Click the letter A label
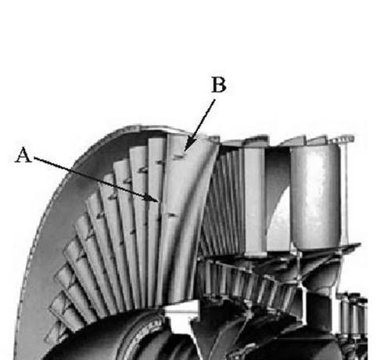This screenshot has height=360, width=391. coord(23,155)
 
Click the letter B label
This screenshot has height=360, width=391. coord(219,85)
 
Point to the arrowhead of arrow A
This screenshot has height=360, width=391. coord(154,200)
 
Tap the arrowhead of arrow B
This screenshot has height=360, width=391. coord(187,146)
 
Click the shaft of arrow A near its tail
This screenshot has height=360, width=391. coord(52,164)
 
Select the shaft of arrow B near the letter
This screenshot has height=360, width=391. coord(210,109)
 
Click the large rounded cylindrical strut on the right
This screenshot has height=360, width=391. coord(315,196)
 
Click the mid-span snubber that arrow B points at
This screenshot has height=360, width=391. coord(179,156)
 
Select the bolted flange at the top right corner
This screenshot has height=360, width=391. coord(343,139)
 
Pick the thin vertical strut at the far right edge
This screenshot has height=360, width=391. coord(345,193)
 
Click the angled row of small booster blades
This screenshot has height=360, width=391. coord(248,282)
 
